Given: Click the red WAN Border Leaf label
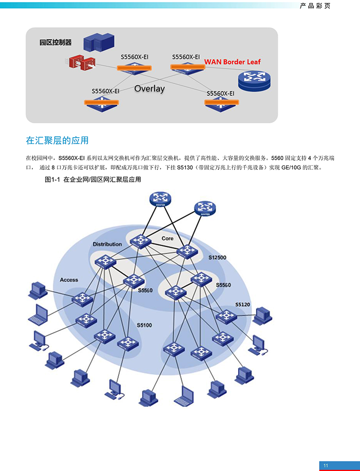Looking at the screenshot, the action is pos(232,62).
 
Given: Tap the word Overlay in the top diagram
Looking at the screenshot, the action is pos(149,89).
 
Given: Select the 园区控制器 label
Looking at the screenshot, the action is pos(56,42).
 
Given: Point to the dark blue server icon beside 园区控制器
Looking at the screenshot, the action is pos(99,42).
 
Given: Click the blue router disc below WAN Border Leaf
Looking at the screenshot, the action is pos(254,81).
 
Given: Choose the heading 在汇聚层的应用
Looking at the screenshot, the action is pos(57,141).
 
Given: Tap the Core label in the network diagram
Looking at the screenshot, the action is pos(168,238).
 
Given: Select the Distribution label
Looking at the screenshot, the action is pos(107,244).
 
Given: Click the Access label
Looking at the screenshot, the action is pos(69,280).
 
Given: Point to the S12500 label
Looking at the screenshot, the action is pos(217,258).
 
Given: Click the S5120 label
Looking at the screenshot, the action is pos(242,305).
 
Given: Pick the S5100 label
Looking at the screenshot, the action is pos(144,325).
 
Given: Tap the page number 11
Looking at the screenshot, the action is pos(326,466).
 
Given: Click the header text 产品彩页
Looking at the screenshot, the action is pos(315,6).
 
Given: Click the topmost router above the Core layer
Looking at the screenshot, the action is pos(160,199).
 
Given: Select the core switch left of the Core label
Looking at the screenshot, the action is pos(140,241).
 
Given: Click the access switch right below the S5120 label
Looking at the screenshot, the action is pos(226,317).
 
